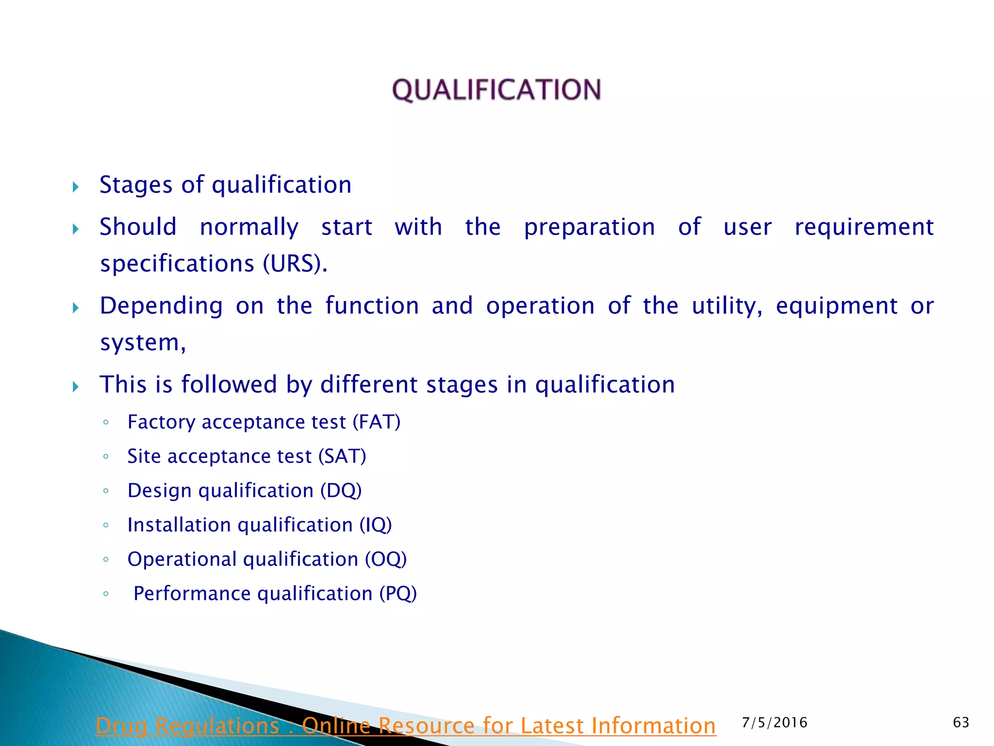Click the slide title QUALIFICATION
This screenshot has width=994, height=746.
497,90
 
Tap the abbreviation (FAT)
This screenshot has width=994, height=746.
376,422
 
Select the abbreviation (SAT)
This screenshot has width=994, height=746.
342,456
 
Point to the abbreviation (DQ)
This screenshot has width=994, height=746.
341,491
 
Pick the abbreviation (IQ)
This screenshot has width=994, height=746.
375,525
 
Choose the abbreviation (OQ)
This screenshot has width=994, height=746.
386,559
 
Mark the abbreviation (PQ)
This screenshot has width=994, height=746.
398,593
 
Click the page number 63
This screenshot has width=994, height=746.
961,723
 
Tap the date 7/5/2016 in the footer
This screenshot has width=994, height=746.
775,723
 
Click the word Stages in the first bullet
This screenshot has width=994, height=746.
136,185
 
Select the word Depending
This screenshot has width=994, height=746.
161,306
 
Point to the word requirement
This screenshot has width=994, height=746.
864,227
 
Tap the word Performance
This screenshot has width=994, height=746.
192,593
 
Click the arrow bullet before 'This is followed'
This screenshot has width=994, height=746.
76,387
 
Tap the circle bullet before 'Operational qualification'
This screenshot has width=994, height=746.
106,559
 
